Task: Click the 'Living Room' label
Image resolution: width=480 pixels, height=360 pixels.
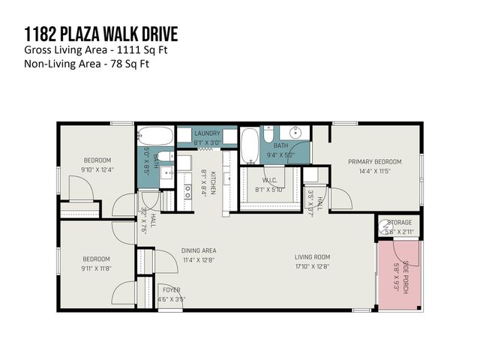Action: pyautogui.click(x=311, y=257)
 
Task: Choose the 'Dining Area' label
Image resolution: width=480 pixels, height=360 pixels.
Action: pyautogui.click(x=198, y=251)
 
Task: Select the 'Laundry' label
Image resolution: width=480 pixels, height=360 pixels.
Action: pyautogui.click(x=207, y=133)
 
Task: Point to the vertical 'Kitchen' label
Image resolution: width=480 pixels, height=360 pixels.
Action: pyautogui.click(x=213, y=183)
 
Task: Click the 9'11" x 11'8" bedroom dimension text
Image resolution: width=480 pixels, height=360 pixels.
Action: pyautogui.click(x=96, y=268)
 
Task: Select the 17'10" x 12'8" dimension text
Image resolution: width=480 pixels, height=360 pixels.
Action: pyautogui.click(x=311, y=266)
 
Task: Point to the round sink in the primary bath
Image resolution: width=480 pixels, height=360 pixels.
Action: pyautogui.click(x=297, y=133)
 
